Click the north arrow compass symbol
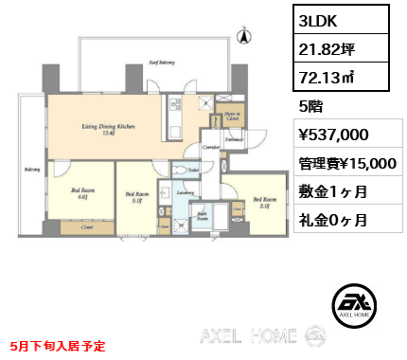tap(245, 37)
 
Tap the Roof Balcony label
tap(160, 63)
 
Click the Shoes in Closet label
tap(230, 117)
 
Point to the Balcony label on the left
tap(31, 171)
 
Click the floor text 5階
tap(310, 106)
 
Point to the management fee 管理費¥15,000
tap(346, 163)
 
